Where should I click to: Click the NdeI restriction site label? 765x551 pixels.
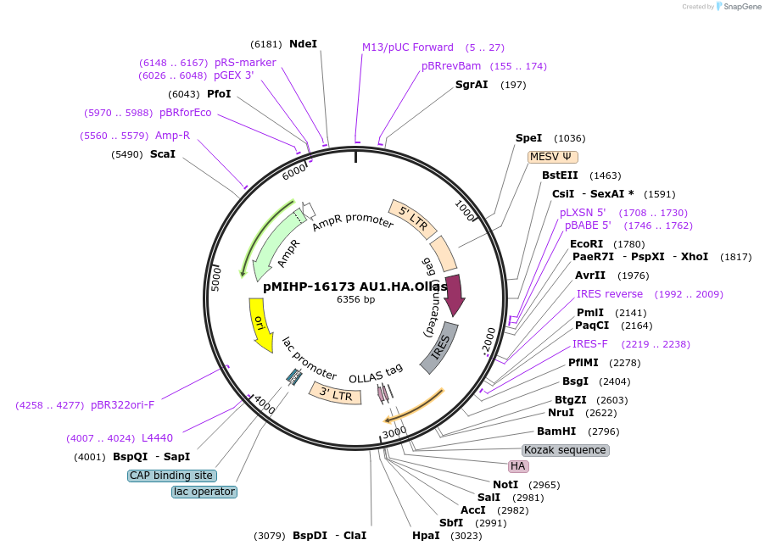pos(303,43)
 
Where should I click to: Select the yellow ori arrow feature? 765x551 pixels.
pos(259,324)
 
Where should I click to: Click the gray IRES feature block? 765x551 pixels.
pos(439,348)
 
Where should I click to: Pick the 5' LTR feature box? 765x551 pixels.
pos(413,220)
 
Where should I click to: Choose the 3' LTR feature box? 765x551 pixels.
pos(331,394)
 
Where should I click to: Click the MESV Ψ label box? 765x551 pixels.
pos(552,157)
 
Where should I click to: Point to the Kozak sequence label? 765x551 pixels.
pos(565,449)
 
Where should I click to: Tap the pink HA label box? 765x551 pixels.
pos(518,466)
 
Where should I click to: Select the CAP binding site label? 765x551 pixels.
pos(171,476)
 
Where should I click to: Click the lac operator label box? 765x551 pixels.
pos(204,492)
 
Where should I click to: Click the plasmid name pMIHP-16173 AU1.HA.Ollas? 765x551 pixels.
pos(355,287)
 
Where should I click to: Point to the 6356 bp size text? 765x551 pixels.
pos(355,299)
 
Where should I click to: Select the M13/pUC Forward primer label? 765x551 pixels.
pos(407,47)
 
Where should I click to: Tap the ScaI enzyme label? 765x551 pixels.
pos(162,154)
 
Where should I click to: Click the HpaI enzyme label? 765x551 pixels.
pos(426,536)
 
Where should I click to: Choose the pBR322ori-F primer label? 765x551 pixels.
pos(122,404)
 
